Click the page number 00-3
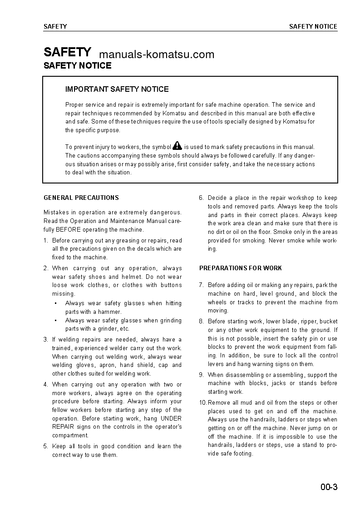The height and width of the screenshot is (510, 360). (329, 487)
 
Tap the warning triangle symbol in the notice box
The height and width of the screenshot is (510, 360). (177, 146)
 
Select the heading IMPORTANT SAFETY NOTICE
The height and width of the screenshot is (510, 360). (117, 89)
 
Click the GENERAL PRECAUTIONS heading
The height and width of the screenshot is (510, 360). (81, 198)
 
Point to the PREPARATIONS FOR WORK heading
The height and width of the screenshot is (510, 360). (240, 268)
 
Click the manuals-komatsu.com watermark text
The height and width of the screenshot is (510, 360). (156, 55)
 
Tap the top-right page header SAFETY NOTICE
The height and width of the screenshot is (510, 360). (313, 26)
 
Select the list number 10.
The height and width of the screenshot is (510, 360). (202, 403)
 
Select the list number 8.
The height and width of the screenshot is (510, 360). (201, 322)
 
